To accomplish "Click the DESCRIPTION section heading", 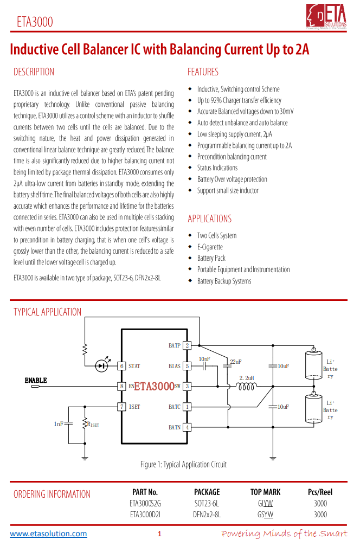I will point(34,72).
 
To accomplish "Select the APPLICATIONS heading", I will point(209,219).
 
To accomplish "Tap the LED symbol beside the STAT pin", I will point(101,366).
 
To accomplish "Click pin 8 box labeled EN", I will point(123,386).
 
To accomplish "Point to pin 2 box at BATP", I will point(187,345).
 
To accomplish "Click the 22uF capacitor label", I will point(235,362).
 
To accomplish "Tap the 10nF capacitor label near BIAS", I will point(204,359).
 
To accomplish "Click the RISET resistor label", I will point(93,424).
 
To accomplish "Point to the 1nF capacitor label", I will point(59,423).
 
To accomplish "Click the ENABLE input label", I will point(36,381).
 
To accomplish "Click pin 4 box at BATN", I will point(187,427).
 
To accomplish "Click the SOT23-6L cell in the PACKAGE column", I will point(207,503).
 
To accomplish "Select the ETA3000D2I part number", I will point(145,514).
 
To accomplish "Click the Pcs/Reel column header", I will point(320,492).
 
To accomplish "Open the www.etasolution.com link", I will point(48,534).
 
